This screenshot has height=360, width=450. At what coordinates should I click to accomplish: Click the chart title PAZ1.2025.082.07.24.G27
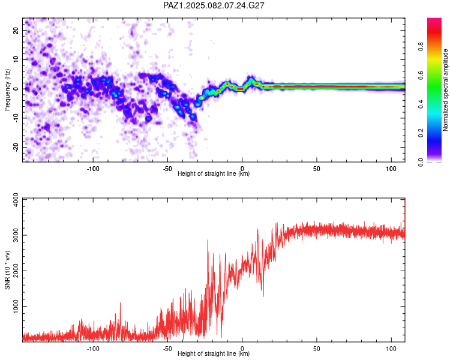coord(214,5)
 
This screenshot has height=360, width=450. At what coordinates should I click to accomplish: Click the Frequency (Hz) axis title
coord(7,90)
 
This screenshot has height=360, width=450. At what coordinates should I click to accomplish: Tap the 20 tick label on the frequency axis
coord(16,30)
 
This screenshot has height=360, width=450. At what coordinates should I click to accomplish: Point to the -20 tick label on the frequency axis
coord(16,148)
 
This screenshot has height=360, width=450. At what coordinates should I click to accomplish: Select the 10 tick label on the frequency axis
coord(16,59)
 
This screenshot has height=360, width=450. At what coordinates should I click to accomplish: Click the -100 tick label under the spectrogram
coord(92,169)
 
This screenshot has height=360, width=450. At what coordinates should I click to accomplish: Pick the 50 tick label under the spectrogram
coord(317,169)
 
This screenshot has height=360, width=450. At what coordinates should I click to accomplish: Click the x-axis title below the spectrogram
coord(214,173)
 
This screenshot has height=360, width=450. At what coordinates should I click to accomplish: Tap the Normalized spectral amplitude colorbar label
coord(445,90)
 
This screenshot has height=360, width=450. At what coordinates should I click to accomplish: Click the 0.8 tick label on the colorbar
coord(421,47)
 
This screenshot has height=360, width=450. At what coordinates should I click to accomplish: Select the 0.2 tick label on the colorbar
coord(421,133)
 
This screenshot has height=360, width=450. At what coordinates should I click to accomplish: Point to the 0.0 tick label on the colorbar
coord(421,162)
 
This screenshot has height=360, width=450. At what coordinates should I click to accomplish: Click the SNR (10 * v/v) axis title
coord(7,270)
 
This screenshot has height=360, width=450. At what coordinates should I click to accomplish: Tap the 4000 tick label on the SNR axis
coord(16,200)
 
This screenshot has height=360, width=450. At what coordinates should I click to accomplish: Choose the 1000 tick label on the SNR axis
coord(16,307)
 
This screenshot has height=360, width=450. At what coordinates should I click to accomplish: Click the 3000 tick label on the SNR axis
coord(16,235)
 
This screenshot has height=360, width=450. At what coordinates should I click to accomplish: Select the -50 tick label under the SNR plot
coord(167,349)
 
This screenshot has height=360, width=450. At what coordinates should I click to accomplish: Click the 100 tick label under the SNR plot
coord(391,349)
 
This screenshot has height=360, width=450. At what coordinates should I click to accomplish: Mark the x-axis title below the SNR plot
coord(214,353)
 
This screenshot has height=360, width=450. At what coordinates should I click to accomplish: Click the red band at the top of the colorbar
coord(434,32)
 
